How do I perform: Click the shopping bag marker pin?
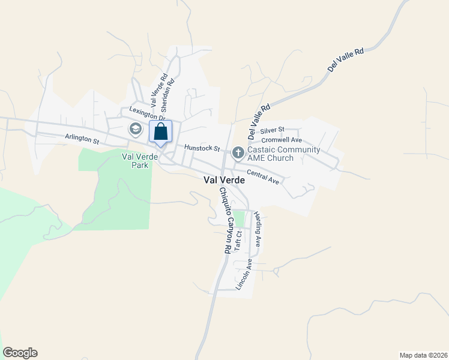tap(160, 132)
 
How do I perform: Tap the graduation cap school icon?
tap(136, 129)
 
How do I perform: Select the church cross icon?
tap(238, 152)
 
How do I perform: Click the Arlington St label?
tap(82, 139)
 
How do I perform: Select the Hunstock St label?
tap(202, 148)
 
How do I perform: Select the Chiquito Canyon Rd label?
tap(224, 220)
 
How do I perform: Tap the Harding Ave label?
tap(257, 229)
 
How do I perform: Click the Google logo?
tap(20, 353)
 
